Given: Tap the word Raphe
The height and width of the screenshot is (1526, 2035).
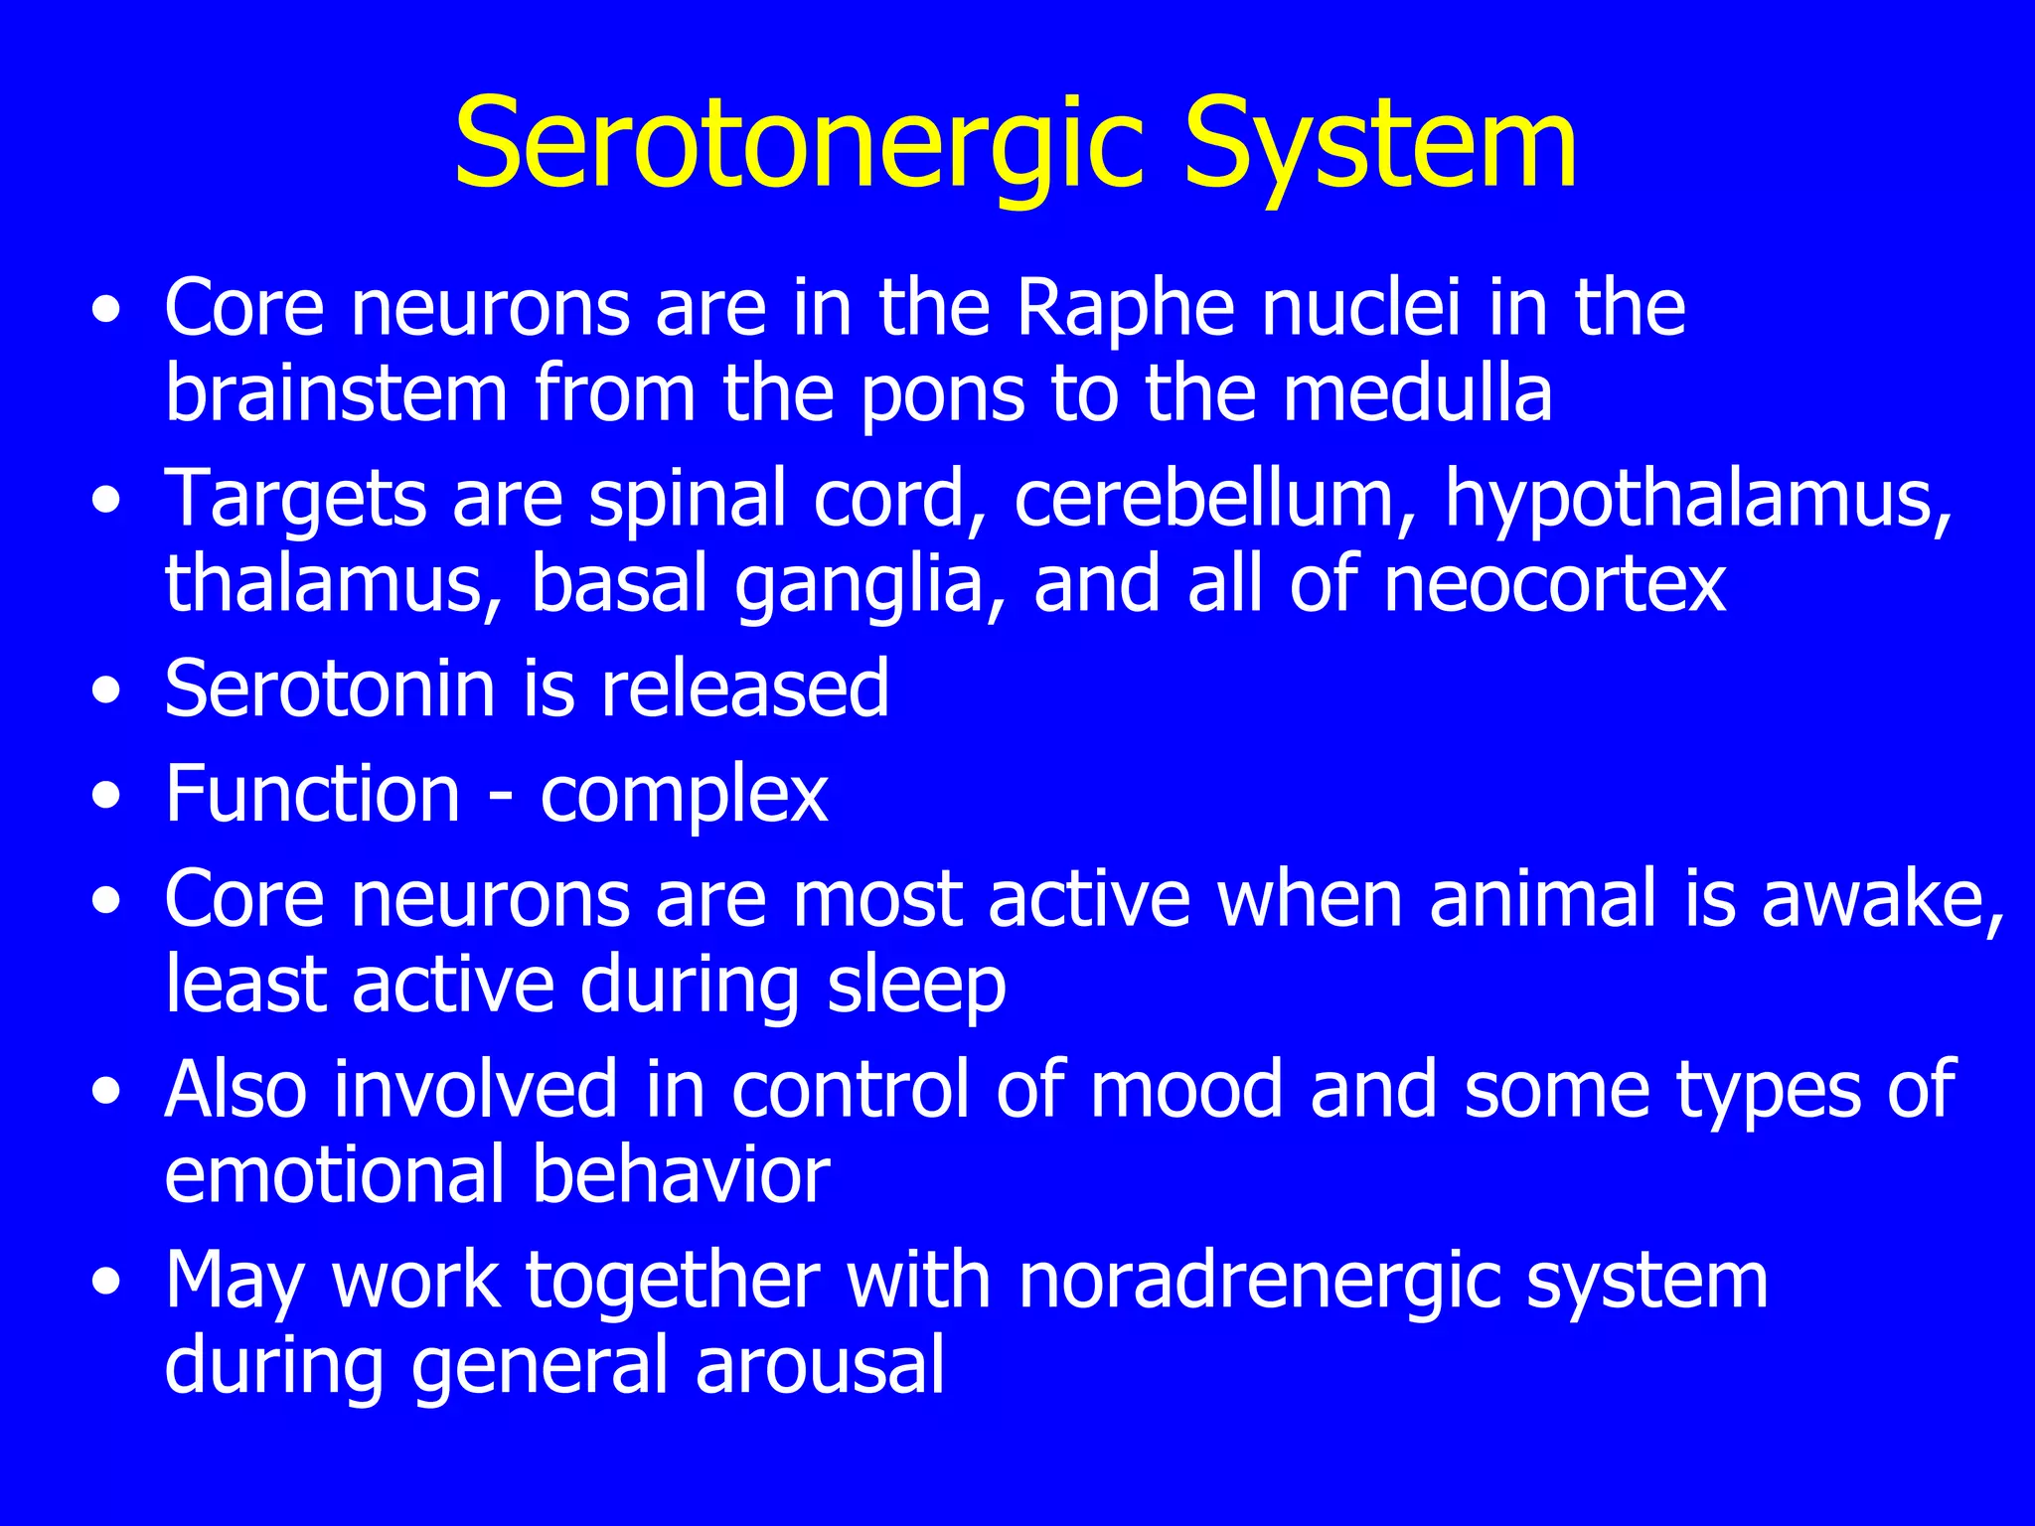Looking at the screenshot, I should (1125, 308).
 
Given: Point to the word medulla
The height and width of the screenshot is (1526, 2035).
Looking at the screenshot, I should (1417, 393).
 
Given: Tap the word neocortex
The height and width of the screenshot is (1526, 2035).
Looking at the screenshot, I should (1555, 583).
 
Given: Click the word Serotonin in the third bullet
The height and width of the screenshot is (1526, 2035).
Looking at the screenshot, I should (329, 687).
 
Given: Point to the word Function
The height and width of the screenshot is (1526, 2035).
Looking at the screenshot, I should (312, 794).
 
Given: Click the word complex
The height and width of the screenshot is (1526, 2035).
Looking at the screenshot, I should (684, 796).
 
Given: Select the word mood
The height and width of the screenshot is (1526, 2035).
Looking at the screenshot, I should (1186, 1089).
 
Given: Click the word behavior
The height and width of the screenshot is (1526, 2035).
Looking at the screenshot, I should (681, 1174).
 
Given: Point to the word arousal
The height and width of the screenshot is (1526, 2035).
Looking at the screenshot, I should (820, 1365).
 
